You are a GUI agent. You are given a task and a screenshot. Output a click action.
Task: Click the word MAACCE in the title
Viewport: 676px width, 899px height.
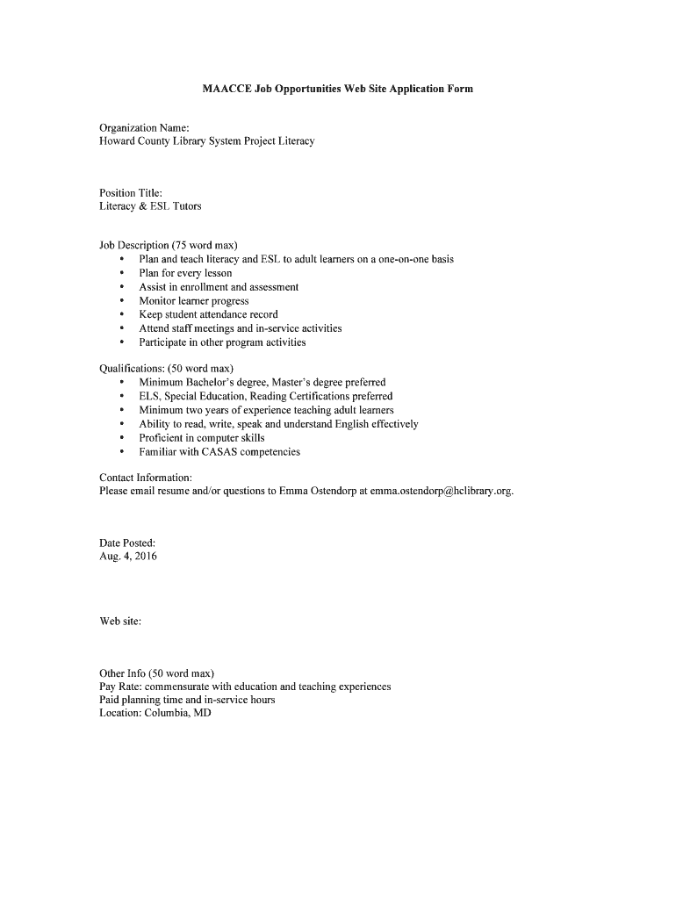click(x=227, y=90)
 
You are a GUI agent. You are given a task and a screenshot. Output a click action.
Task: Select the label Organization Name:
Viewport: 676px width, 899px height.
click(x=139, y=128)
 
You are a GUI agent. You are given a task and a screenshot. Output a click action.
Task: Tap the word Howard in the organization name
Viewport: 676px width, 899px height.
click(x=119, y=141)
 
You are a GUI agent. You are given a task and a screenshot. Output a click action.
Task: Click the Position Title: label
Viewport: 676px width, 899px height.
click(x=131, y=193)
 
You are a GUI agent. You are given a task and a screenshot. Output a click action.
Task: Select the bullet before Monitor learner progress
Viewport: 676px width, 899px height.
click(x=120, y=301)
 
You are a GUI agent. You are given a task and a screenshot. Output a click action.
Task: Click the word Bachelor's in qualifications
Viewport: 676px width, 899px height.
click(x=210, y=383)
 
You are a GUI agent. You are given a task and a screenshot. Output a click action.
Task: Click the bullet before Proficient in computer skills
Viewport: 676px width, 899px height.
click(x=120, y=438)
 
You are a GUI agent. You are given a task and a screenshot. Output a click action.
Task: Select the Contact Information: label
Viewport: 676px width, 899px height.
click(x=146, y=478)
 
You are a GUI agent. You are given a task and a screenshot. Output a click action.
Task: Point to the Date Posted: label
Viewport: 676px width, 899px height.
click(x=127, y=543)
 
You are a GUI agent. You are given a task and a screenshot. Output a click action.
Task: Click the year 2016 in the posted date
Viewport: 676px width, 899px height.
click(x=145, y=557)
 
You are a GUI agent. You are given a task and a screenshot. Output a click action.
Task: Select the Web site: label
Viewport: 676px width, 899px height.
click(x=120, y=622)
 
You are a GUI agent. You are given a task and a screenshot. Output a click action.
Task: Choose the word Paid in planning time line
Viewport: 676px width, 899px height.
click(x=111, y=700)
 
